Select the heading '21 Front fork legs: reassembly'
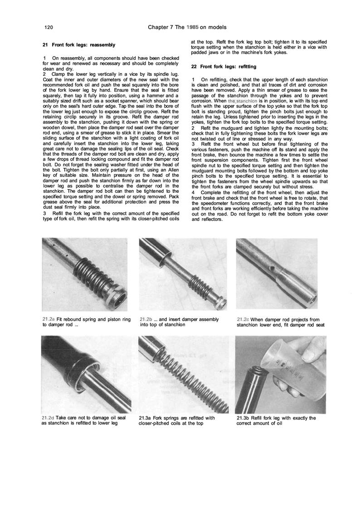(78, 45)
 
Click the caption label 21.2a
(48, 319)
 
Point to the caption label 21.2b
(147, 319)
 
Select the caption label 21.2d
(48, 417)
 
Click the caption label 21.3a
(147, 417)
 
